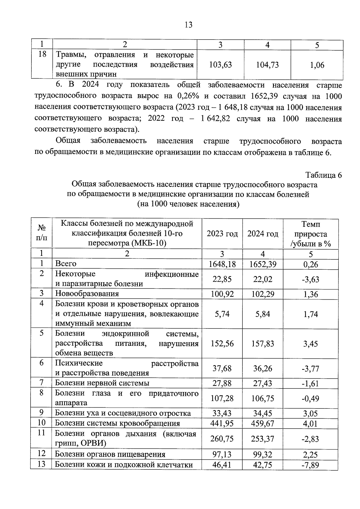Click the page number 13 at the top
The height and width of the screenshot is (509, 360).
[x=189, y=25]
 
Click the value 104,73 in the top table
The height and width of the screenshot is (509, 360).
[x=267, y=65]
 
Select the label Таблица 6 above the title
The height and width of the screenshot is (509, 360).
[x=323, y=175]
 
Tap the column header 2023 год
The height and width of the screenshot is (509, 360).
[x=222, y=234]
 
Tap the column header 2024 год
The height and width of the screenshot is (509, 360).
[x=262, y=234]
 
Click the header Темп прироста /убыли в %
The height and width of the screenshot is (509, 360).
[x=310, y=234]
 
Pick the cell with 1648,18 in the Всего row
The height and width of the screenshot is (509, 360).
[x=222, y=264]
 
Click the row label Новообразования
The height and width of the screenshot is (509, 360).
[x=87, y=294]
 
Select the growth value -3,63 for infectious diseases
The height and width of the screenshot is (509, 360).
[x=310, y=280]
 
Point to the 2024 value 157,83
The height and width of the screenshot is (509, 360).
[x=262, y=344]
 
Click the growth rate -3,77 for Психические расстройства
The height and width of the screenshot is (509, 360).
[x=310, y=369]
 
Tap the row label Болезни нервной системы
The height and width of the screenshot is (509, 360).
[x=102, y=383]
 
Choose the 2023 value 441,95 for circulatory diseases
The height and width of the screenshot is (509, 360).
[x=222, y=424]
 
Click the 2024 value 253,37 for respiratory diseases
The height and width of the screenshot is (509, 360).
[x=262, y=439]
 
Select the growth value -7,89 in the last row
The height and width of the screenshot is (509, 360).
[x=310, y=465]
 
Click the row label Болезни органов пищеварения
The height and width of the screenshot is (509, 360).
[x=110, y=454]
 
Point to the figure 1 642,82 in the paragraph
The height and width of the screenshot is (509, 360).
[x=216, y=119]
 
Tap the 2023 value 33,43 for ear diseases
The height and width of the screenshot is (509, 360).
[x=222, y=414]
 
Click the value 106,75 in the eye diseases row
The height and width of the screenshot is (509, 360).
[x=262, y=399]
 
